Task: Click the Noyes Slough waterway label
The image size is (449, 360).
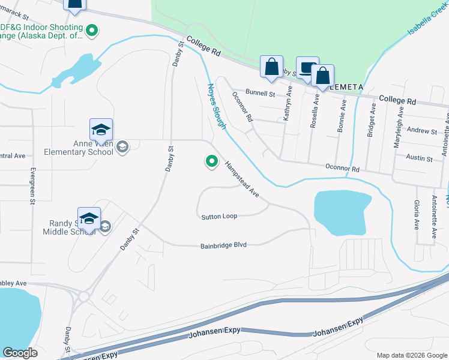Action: pos(216,105)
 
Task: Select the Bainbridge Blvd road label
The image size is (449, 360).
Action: pos(224,245)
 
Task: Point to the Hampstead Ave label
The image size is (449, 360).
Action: pos(241,180)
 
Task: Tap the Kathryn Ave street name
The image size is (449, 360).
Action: pos(288,103)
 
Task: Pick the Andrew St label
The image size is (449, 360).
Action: pos(422,130)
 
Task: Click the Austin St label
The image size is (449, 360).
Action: pos(420,158)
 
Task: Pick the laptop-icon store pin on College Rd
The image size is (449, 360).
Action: pos(307,68)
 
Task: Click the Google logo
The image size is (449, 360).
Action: pos(20,353)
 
